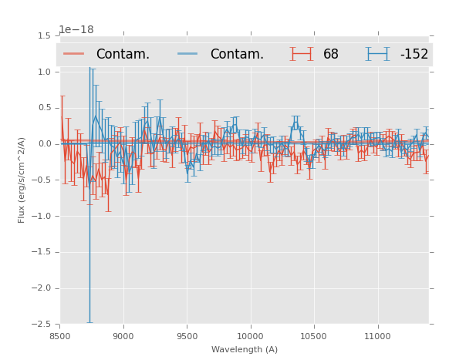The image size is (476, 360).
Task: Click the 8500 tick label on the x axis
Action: pyautogui.click(x=60, y=336)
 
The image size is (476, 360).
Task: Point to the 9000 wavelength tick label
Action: pyautogui.click(x=123, y=336)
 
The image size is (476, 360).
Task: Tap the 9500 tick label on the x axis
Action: pyautogui.click(x=187, y=336)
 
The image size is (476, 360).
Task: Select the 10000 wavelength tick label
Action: pyautogui.click(x=250, y=336)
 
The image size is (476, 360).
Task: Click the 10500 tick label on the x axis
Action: pyautogui.click(x=313, y=336)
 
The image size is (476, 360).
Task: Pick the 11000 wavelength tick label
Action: pyautogui.click(x=377, y=336)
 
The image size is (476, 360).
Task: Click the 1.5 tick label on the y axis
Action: pyautogui.click(x=44, y=36)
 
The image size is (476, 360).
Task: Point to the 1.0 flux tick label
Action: pyautogui.click(x=44, y=72)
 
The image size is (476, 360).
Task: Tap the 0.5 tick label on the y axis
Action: pyautogui.click(x=44, y=108)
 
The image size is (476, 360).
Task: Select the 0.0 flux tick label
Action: pyautogui.click(x=44, y=144)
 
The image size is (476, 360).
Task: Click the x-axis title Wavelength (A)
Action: pyautogui.click(x=244, y=349)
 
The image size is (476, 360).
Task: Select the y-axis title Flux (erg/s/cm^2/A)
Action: pyautogui.click(x=22, y=180)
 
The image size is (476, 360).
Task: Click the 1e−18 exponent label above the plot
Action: pyautogui.click(x=76, y=30)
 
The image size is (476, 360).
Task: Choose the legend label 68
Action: pyautogui.click(x=331, y=55)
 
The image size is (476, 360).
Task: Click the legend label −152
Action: pyautogui.click(x=414, y=55)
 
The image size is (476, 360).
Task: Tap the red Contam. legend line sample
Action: pyautogui.click(x=74, y=54)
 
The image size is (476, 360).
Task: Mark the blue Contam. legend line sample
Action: pyautogui.click(x=188, y=54)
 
